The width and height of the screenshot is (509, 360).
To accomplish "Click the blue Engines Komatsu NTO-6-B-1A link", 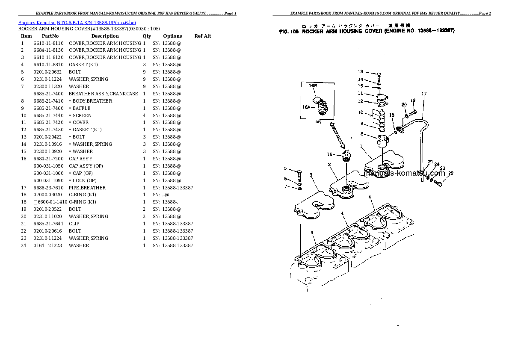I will (77, 22).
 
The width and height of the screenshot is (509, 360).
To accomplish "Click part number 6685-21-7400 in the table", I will (48, 94).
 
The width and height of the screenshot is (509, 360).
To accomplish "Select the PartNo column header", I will (50, 36).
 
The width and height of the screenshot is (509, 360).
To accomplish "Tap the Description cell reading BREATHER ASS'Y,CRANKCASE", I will (103, 94).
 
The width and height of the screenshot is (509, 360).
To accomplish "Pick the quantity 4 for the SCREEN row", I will (144, 115).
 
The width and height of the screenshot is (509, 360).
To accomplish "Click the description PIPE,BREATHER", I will (87, 188).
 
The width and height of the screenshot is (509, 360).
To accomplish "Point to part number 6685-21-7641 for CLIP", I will (48, 224).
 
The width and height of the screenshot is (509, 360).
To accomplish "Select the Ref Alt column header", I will (203, 36).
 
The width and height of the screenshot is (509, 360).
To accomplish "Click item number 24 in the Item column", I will (24, 245).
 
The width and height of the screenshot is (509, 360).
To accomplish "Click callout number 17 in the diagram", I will (424, 94).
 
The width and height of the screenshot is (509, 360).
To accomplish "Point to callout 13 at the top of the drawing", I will (360, 72).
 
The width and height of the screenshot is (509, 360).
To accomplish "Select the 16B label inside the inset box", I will (313, 86).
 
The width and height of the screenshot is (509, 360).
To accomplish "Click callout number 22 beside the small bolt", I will (451, 173).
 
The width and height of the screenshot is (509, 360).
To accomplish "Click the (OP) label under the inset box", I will (318, 122).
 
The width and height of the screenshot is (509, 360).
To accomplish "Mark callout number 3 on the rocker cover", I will (311, 174).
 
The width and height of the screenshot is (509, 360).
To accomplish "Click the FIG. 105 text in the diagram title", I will (289, 31).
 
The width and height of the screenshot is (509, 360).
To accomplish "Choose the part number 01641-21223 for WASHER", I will (48, 245).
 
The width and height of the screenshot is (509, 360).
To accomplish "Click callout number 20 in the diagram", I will (404, 105).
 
